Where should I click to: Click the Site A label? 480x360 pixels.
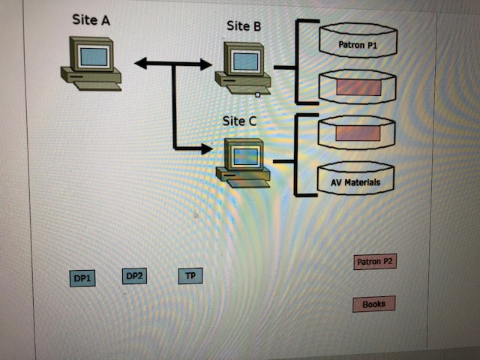(91, 19)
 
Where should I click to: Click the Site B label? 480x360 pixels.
(244, 26)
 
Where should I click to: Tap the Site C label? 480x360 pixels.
(241, 120)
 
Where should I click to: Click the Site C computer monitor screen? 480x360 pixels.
(245, 156)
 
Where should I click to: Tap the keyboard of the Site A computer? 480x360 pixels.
(97, 85)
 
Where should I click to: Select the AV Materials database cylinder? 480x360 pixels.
(356, 181)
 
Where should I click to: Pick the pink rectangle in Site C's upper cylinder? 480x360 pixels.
(357, 133)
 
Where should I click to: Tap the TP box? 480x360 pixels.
(190, 277)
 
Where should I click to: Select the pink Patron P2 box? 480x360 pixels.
(375, 262)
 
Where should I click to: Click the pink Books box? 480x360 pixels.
(373, 304)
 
